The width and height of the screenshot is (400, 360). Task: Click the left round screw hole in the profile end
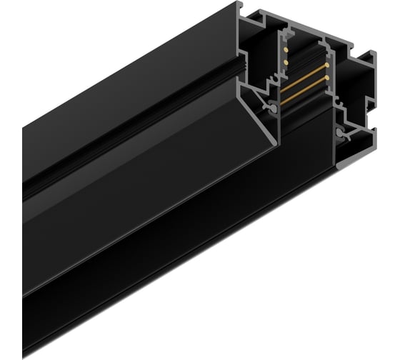click(x=273, y=107)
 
